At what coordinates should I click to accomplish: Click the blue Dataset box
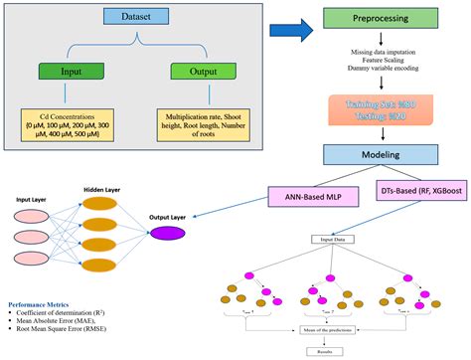(136, 18)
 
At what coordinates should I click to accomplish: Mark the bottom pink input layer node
(30, 262)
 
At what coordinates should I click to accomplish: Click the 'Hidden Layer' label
(96, 188)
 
